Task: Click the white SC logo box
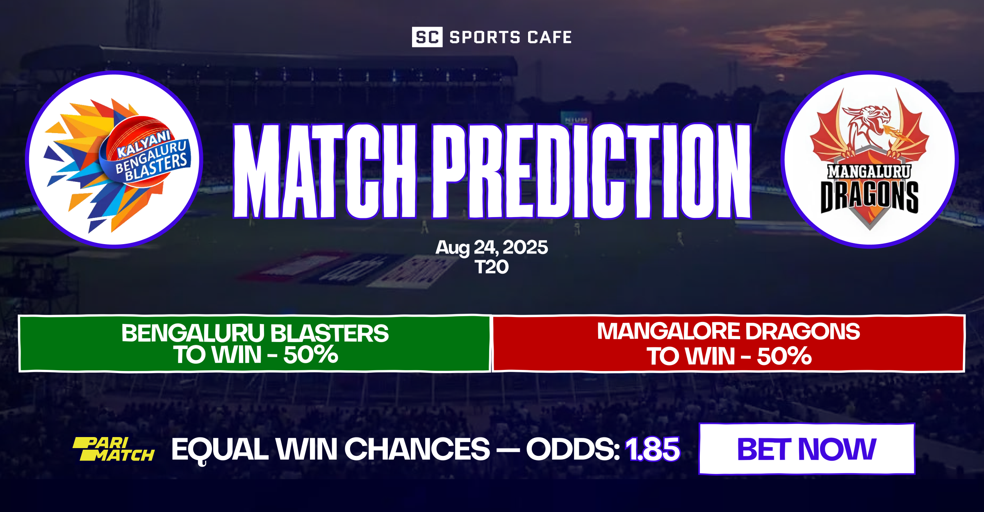(x=427, y=37)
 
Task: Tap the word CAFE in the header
(x=549, y=38)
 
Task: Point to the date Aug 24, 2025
(x=492, y=247)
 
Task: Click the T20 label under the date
(x=492, y=267)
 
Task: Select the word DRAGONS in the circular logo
(x=869, y=197)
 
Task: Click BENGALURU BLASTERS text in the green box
(x=255, y=333)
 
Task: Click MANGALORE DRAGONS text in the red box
(x=728, y=331)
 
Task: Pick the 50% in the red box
(x=784, y=356)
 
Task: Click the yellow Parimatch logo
(x=114, y=449)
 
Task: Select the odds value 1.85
(x=652, y=449)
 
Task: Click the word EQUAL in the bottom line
(x=220, y=449)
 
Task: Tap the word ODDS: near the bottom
(x=573, y=449)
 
